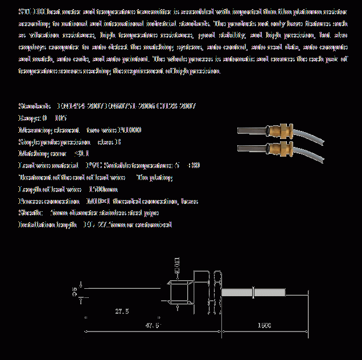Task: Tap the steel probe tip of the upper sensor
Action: click(250, 131)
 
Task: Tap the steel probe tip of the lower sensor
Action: click(250, 149)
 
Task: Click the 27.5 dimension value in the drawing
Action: click(122, 312)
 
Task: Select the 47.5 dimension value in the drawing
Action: click(153, 325)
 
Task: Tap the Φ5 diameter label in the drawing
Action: click(75, 291)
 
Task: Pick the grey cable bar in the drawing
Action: click(253, 293)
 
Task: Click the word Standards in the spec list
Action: click(35, 106)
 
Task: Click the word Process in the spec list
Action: click(31, 201)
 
